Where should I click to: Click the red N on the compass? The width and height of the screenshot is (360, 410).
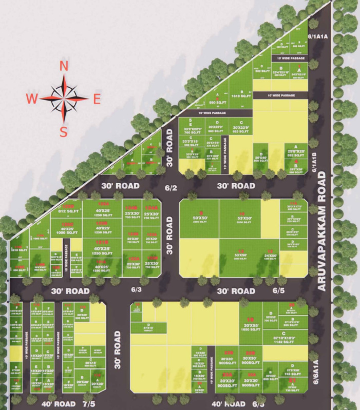tap(64, 66)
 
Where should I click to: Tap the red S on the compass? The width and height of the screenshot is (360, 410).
tap(64, 132)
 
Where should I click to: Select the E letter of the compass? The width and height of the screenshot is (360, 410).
tap(97, 100)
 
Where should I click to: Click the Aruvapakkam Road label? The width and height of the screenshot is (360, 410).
tap(322, 231)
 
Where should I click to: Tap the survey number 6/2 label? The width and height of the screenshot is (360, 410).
tap(170, 188)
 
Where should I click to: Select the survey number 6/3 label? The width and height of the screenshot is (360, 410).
tap(136, 290)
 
